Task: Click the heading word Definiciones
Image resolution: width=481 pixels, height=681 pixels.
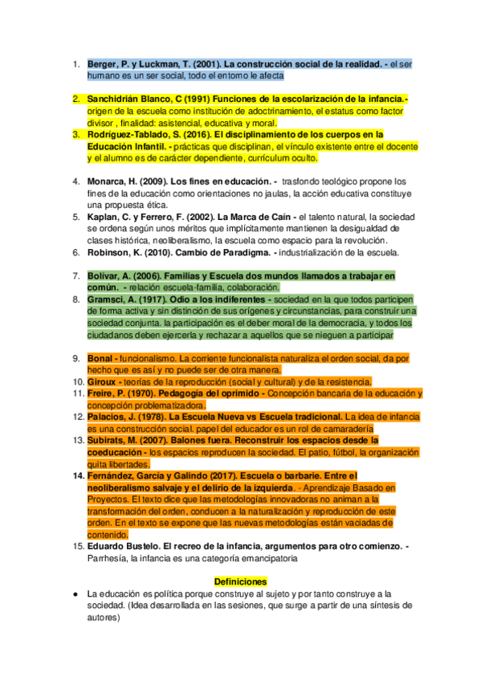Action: [x=240, y=581]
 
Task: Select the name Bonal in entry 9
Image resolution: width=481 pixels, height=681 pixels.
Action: [x=101, y=358]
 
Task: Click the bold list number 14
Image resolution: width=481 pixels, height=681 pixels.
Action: [x=75, y=476]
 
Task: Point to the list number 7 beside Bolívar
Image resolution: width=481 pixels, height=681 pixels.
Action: [x=76, y=275]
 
